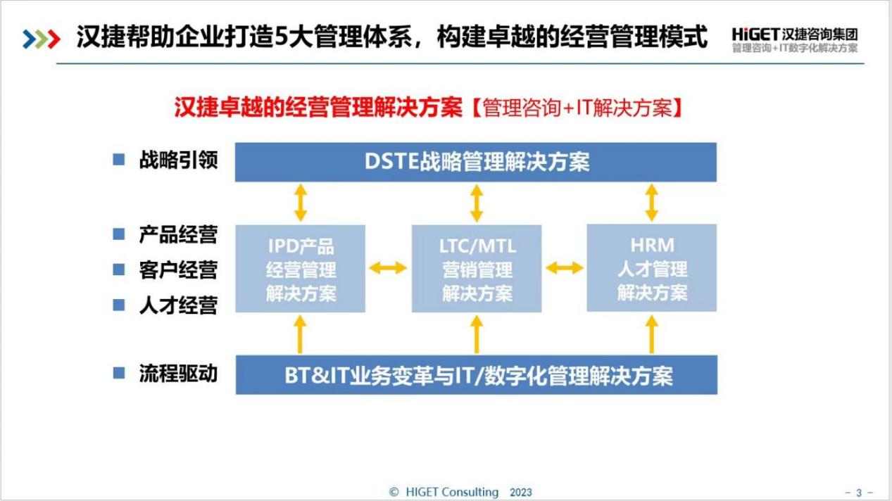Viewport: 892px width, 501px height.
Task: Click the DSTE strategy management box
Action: (476, 162)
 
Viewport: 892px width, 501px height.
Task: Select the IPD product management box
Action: (300, 269)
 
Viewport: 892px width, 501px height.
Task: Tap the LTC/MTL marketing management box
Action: (477, 269)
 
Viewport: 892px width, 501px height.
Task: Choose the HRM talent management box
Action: (652, 268)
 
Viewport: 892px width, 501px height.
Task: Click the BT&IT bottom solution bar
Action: (477, 375)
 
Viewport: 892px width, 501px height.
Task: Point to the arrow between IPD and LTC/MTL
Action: (388, 268)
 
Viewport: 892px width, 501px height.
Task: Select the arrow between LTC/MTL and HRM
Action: (564, 268)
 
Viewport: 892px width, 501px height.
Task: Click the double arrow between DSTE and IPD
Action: (301, 203)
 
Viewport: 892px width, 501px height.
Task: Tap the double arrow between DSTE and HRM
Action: (651, 203)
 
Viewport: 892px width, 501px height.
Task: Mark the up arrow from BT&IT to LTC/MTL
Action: (477, 334)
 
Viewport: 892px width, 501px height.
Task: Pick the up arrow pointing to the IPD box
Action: (300, 334)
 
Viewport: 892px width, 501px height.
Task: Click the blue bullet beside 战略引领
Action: (119, 160)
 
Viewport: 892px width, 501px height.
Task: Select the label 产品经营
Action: (178, 234)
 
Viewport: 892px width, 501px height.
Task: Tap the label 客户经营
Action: (178, 270)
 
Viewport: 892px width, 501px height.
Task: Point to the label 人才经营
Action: (178, 305)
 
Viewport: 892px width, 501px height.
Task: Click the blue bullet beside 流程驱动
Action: (119, 373)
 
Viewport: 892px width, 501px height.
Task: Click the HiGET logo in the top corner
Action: (795, 39)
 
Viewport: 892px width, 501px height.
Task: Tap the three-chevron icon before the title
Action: (42, 39)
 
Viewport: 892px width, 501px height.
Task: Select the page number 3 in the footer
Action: (859, 493)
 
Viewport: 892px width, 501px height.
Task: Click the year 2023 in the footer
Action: (521, 493)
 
